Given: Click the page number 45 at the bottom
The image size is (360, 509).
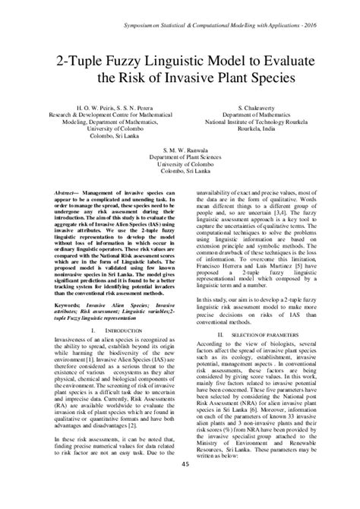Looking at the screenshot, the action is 181,486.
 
